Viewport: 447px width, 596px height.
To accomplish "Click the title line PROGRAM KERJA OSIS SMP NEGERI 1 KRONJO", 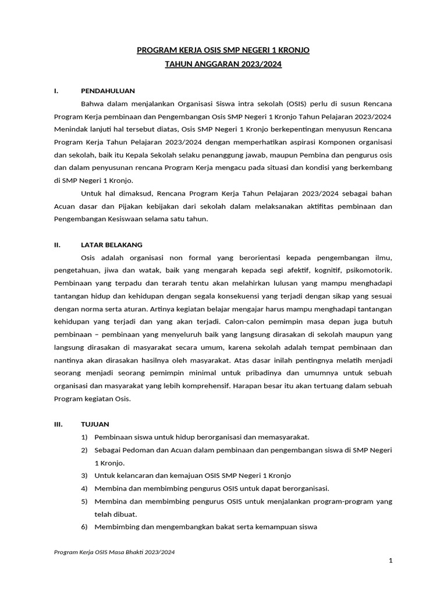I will [x=223, y=51].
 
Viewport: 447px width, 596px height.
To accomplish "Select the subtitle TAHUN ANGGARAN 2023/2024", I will [x=223, y=65].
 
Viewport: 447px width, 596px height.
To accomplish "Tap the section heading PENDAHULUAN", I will [x=108, y=91].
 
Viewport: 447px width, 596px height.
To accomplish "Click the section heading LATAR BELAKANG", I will [x=111, y=244].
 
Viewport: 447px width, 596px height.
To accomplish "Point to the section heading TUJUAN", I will [x=95, y=424].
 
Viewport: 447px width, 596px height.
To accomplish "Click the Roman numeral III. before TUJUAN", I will [x=58, y=424].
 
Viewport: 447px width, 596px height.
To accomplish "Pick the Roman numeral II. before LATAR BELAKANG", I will [x=56, y=244].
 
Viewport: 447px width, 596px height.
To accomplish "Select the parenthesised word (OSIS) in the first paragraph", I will [x=298, y=104].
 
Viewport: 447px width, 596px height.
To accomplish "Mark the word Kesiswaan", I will [x=130, y=219].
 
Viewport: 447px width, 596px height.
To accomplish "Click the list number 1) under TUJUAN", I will [x=84, y=437].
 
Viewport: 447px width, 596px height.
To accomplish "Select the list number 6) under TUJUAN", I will [x=84, y=527].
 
